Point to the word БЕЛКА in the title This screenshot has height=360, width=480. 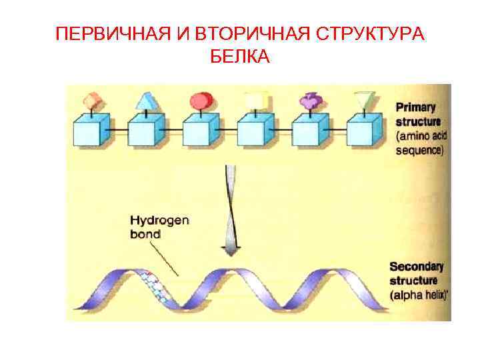point(239,57)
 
